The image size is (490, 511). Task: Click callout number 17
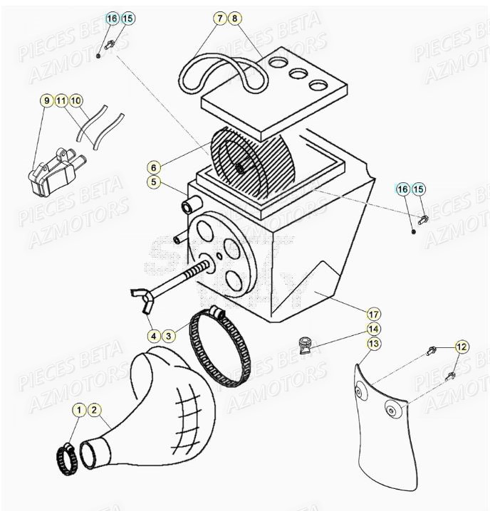(x=373, y=313)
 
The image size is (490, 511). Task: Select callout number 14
(x=373, y=329)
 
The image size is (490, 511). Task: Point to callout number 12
(x=462, y=347)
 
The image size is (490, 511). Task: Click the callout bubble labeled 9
(x=46, y=101)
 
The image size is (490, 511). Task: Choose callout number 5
(x=153, y=182)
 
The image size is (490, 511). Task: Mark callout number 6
(x=153, y=167)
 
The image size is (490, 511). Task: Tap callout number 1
(x=80, y=410)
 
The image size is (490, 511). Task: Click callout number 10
(x=76, y=101)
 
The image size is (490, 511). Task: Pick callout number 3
(x=168, y=335)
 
